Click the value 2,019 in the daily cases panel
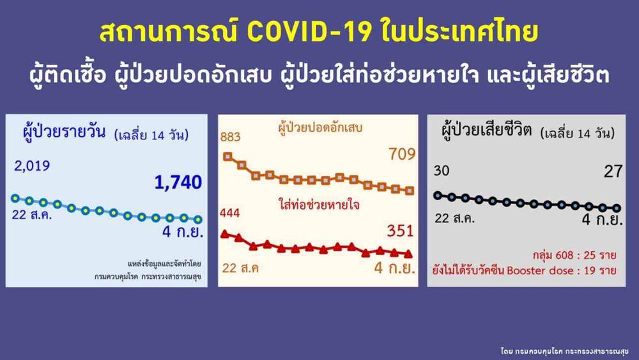tap(32, 166)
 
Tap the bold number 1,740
tap(178, 182)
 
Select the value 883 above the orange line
tap(230, 137)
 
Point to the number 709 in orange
tap(402, 154)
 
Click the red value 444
tap(230, 213)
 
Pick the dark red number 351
tap(400, 231)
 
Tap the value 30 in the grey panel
tap(442, 171)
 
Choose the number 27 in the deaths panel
tap(613, 171)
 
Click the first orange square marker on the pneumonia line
tap(228, 157)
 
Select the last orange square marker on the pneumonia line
tap(410, 191)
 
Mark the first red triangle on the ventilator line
tap(224, 233)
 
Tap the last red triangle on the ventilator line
tap(408, 254)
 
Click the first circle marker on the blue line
tap(15, 199)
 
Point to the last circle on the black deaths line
tap(617, 208)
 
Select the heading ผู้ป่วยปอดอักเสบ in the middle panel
tap(320, 128)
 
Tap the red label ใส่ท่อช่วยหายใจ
tap(319, 204)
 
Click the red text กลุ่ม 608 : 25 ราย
tap(574, 256)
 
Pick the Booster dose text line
tap(524, 270)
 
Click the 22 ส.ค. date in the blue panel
tap(32, 214)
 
